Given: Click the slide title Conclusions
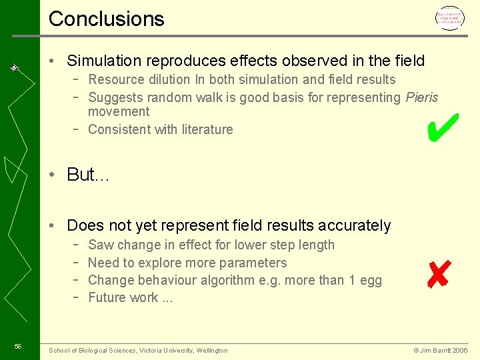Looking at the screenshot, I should (x=106, y=19).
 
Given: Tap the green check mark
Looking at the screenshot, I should (x=442, y=127).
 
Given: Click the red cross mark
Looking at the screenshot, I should (x=439, y=273).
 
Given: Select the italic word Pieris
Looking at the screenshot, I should (x=421, y=97).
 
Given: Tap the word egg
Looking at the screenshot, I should (x=370, y=280).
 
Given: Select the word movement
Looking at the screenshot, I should (x=119, y=111).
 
